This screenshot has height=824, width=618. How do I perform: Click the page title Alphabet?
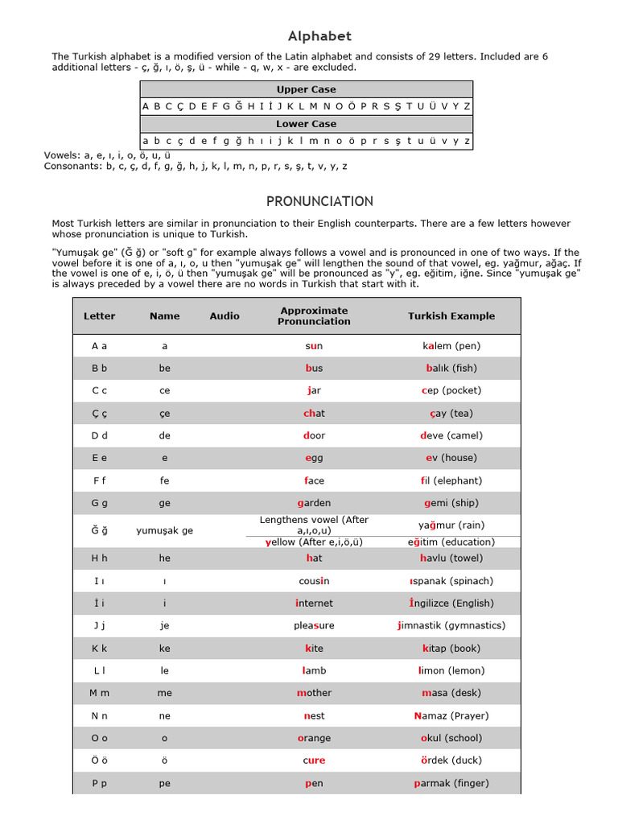[319, 36]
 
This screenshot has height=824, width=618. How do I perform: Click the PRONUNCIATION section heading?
[319, 201]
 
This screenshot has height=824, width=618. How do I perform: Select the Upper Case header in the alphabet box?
[306, 89]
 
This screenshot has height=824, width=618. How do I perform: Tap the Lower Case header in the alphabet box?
[306, 124]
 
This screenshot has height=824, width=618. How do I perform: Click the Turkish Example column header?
[451, 316]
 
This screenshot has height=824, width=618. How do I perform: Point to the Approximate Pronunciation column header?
[314, 316]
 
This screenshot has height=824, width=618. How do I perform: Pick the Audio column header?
[225, 316]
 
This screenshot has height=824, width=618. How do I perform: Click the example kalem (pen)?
[451, 346]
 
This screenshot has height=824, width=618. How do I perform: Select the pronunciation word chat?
[314, 414]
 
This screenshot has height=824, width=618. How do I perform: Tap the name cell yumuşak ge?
[164, 531]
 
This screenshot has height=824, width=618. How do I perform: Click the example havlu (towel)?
[451, 558]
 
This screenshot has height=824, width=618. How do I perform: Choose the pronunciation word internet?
[314, 604]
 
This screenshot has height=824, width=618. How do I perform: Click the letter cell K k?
[99, 648]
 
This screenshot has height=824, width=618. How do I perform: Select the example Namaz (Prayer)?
[451, 715]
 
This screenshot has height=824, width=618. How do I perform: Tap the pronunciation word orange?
[314, 738]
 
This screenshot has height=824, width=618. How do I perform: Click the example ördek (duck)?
[451, 760]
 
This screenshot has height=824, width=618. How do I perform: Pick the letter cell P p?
[99, 783]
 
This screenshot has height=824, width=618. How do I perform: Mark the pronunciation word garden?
[314, 503]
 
